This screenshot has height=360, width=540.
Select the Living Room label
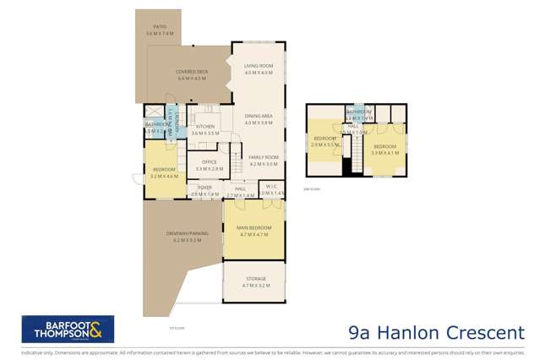coord(258,66)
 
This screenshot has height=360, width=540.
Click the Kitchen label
coord(205,127)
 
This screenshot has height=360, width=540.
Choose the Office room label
coord(209,162)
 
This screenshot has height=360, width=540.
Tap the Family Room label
coord(263,158)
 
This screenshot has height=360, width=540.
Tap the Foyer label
coord(205,188)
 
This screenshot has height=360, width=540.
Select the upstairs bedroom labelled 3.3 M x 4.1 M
coord(385,149)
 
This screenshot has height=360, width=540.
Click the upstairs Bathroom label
coord(358,112)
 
